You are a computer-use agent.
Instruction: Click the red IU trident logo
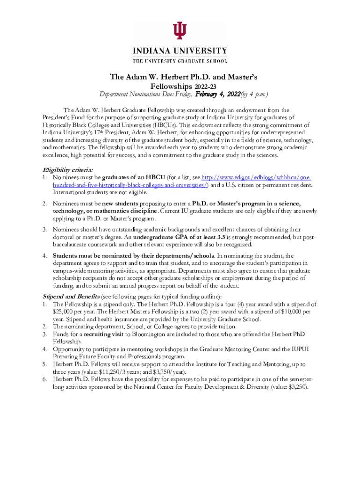[x=180, y=31]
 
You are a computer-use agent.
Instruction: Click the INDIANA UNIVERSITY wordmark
[x=180, y=51]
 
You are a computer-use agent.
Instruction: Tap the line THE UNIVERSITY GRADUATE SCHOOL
[x=180, y=61]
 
